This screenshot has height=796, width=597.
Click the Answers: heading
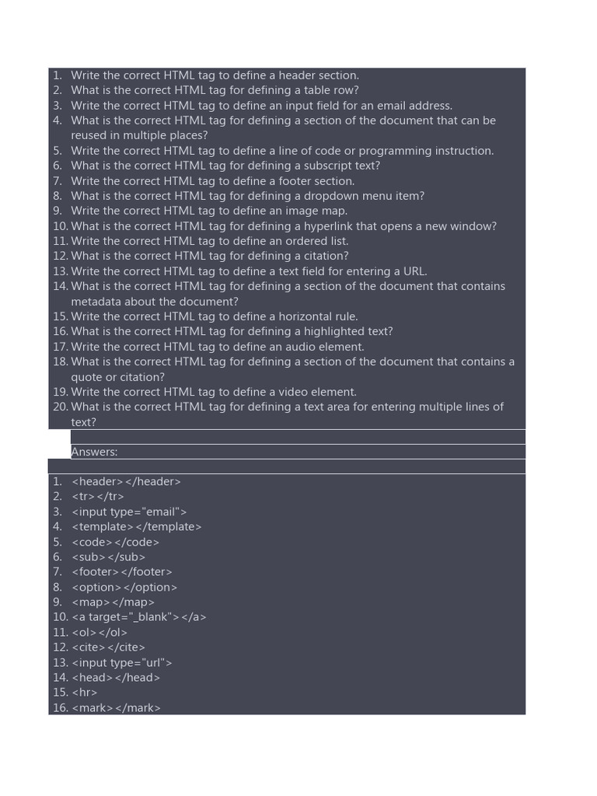(x=94, y=452)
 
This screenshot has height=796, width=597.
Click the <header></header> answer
(x=126, y=482)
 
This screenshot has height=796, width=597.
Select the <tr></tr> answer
(x=97, y=497)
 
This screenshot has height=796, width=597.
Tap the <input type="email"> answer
(x=129, y=512)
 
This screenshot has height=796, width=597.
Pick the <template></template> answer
(x=136, y=527)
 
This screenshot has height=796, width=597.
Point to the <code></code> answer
(x=115, y=543)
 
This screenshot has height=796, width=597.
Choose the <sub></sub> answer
(x=108, y=557)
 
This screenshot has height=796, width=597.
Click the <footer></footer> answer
(x=121, y=572)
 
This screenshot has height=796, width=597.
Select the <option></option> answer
(x=124, y=588)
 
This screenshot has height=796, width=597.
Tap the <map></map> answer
(x=113, y=602)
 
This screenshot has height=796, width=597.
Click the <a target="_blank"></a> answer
(x=138, y=617)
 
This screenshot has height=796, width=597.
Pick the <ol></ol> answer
(x=99, y=633)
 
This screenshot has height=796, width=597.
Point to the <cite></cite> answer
(x=108, y=648)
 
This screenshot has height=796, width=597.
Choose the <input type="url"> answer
(x=121, y=663)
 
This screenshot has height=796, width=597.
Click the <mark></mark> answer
(x=116, y=708)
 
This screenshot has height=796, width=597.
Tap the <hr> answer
(x=84, y=693)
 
